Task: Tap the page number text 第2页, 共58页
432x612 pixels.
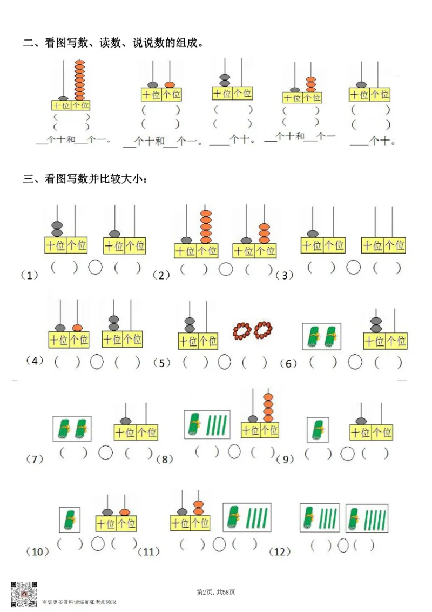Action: click(x=216, y=593)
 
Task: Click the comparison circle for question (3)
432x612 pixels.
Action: click(x=354, y=267)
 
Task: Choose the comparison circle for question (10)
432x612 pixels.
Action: click(x=98, y=543)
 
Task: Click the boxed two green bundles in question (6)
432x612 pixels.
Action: click(x=321, y=337)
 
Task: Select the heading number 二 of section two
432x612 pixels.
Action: click(x=28, y=43)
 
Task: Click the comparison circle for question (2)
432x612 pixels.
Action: click(x=226, y=269)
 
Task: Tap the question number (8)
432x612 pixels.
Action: click(x=164, y=459)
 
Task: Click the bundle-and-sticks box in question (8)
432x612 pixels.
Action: click(x=207, y=424)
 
